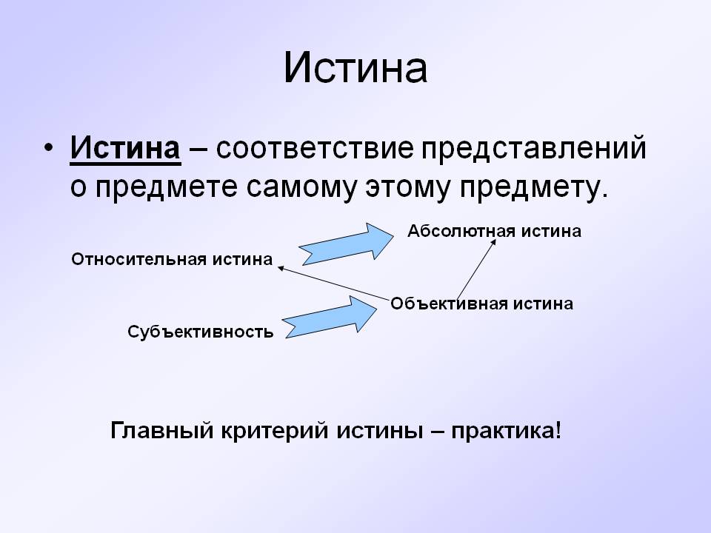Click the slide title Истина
click(355, 69)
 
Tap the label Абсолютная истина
click(494, 231)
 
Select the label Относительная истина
click(172, 259)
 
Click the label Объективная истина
click(481, 304)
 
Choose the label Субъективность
click(201, 332)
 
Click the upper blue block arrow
click(345, 242)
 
